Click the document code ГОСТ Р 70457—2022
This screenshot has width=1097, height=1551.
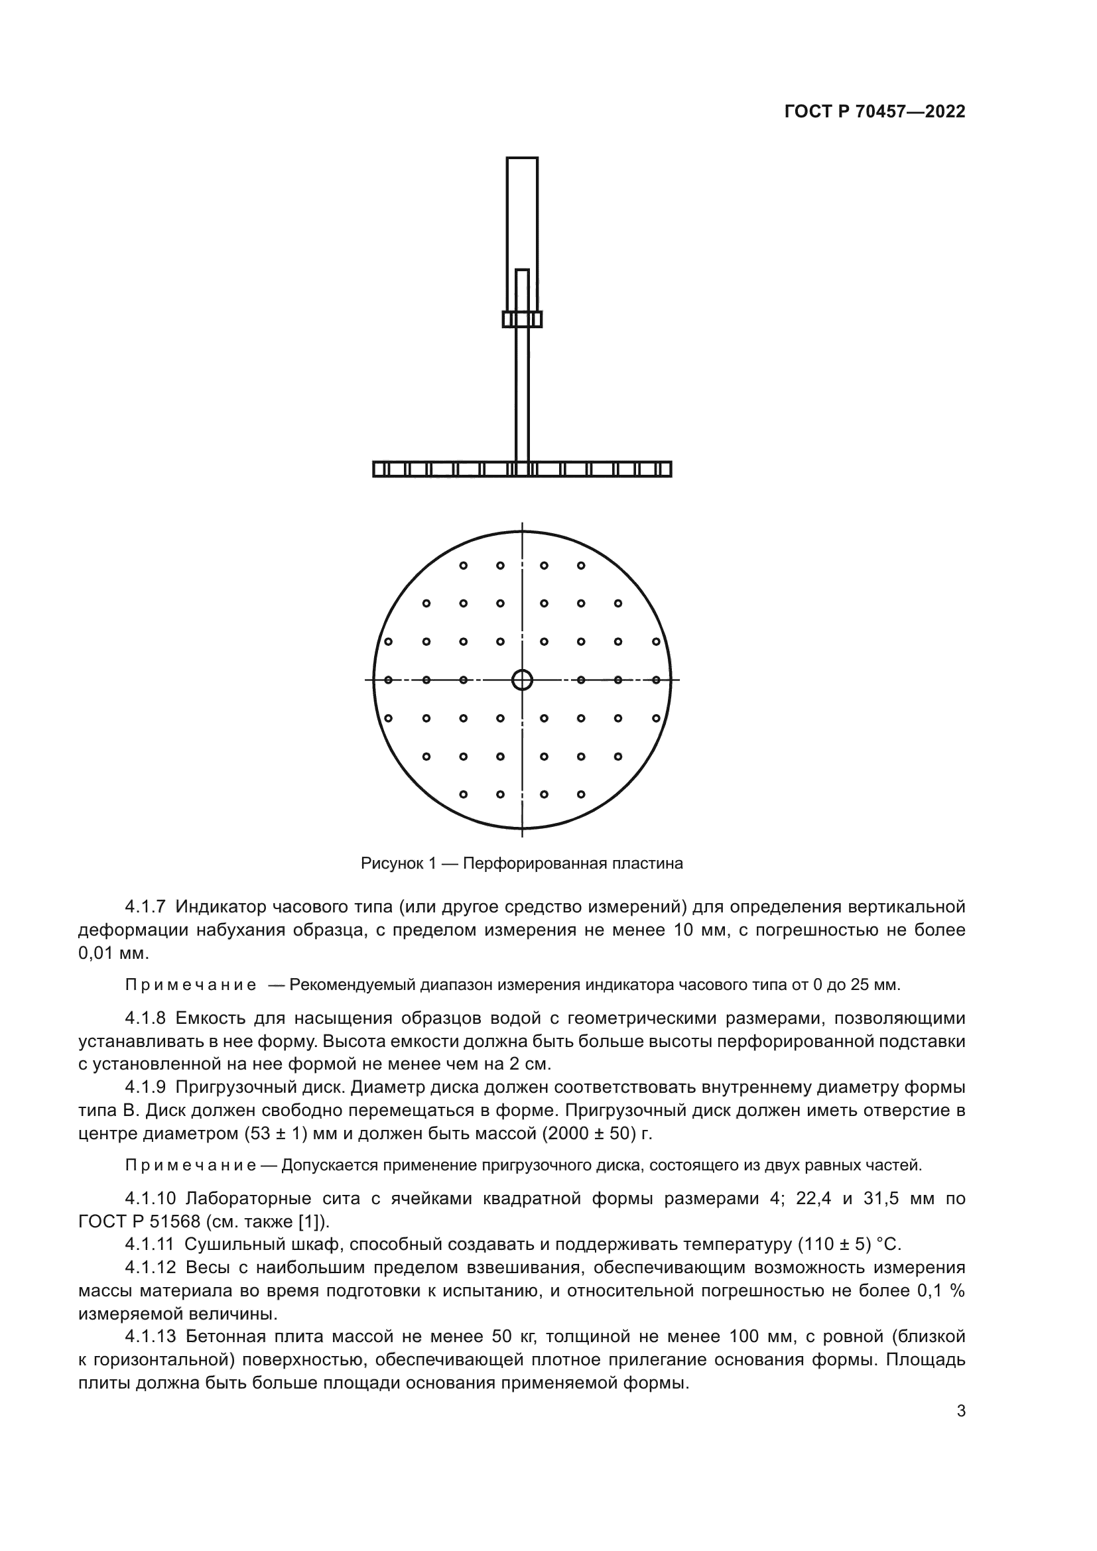click(x=875, y=112)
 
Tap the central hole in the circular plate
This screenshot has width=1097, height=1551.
click(x=522, y=680)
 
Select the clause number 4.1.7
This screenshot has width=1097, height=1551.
click(x=146, y=906)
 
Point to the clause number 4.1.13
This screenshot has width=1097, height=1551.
click(x=150, y=1336)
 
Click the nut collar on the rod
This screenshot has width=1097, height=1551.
click(x=522, y=319)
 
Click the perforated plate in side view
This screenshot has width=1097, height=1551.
click(x=522, y=469)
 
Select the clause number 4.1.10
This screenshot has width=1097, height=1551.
click(x=150, y=1198)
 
